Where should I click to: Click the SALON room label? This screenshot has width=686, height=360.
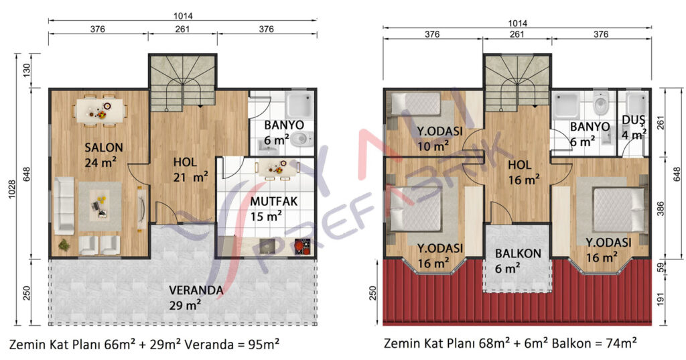tap(104, 147)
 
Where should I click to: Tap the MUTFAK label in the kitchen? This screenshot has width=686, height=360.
tap(274, 202)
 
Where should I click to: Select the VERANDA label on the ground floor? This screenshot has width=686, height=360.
tap(196, 290)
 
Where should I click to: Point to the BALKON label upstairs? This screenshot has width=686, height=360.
tap(518, 253)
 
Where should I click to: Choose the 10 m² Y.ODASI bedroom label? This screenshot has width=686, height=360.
tap(439, 131)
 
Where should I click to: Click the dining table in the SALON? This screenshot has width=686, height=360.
tap(100, 110)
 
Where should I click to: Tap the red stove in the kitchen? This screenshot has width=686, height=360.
tap(302, 246)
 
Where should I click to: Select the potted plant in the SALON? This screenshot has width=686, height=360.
tap(64, 245)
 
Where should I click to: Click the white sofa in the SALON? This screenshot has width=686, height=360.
tap(64, 205)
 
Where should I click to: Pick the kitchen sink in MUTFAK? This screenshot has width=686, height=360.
tap(267, 246)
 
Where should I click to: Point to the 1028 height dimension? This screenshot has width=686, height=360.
tap(12, 189)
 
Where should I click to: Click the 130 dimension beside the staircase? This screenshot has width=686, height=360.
tap(27, 70)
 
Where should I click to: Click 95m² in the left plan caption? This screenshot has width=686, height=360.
tap(264, 344)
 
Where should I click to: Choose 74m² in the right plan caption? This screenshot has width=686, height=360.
tap(621, 343)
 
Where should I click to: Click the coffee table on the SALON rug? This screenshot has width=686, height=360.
tap(100, 206)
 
